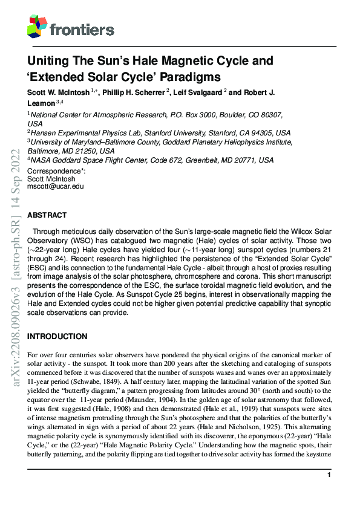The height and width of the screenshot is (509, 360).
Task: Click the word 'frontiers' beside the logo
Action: [82, 29]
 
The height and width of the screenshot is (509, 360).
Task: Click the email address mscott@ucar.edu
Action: [55, 187]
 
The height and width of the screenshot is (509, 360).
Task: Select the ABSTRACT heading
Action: [47, 215]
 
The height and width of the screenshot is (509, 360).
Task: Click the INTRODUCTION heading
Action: [57, 336]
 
